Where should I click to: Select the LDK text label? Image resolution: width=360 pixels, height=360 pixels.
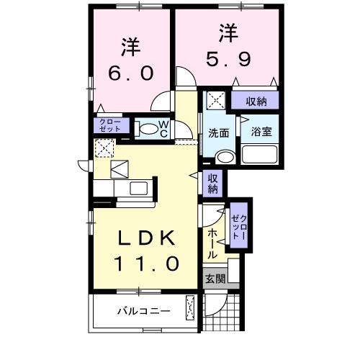(x=144, y=238)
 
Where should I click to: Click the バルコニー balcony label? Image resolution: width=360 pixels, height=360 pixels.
(x=144, y=312)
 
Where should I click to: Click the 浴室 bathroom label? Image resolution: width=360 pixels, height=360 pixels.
(x=261, y=132)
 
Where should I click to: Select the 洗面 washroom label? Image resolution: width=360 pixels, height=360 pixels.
(x=219, y=133)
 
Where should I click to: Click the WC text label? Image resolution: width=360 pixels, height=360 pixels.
(x=164, y=129)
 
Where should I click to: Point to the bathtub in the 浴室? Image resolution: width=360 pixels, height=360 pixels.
(x=260, y=154)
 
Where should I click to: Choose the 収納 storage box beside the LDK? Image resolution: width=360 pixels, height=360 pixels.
(x=214, y=184)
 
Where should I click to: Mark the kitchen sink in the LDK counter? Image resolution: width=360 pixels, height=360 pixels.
(x=136, y=189)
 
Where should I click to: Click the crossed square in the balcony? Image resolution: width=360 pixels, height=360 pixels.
(x=191, y=308)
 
